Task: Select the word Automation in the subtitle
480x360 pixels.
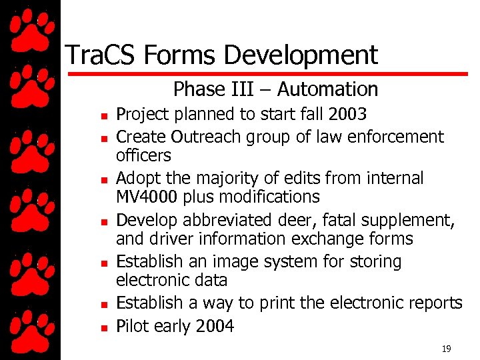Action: pos(327,89)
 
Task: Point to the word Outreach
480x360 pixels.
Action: pos(207,137)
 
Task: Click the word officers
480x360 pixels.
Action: pos(143,155)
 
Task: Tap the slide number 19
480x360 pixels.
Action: pos(446,349)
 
